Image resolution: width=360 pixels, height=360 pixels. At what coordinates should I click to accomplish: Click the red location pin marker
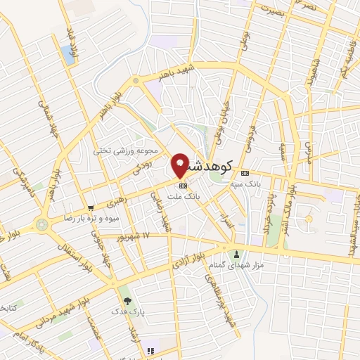(x=181, y=165)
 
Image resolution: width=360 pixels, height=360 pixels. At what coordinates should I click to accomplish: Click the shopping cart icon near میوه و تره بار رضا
(x=91, y=207)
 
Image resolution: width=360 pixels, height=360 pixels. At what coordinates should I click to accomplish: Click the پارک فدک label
(x=126, y=310)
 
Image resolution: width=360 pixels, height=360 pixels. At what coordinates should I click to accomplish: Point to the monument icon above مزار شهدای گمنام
(x=236, y=255)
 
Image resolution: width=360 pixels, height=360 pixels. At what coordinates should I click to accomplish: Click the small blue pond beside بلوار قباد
(x=67, y=52)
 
